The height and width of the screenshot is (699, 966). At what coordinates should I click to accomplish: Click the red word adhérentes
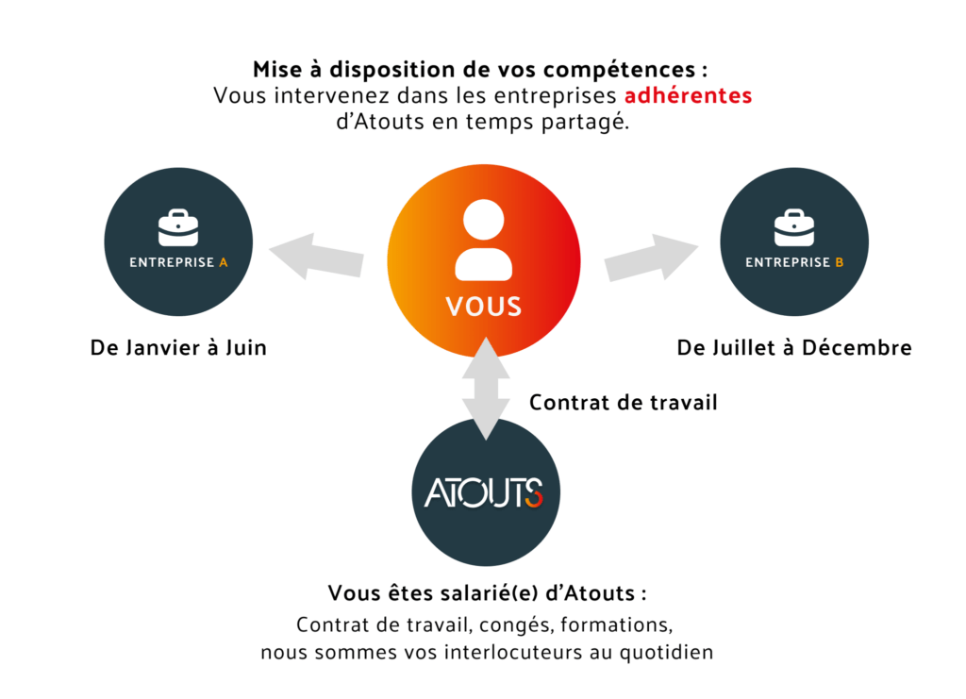tap(688, 95)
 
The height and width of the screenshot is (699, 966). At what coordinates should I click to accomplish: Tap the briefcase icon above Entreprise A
tap(178, 227)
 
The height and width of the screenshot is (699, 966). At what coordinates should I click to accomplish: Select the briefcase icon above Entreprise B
tap(794, 227)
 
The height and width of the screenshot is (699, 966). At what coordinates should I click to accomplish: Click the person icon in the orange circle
tap(484, 241)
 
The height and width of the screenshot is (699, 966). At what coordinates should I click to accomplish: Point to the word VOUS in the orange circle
tap(484, 307)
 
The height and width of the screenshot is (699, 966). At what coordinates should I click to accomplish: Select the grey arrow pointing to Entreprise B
tap(651, 258)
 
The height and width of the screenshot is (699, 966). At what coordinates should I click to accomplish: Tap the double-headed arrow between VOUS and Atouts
tap(486, 389)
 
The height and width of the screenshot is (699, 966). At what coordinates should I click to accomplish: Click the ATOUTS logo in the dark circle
tap(484, 492)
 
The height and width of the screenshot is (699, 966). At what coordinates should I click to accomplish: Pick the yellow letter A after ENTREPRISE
tap(223, 262)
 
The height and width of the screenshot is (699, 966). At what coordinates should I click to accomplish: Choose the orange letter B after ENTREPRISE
tap(839, 262)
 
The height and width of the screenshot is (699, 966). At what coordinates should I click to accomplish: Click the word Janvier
tap(165, 348)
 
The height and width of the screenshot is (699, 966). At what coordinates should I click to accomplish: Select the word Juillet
tap(744, 348)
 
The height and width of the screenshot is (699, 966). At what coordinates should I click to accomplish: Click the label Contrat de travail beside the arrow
tap(624, 403)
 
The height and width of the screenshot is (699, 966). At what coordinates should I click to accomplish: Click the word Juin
tap(246, 348)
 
